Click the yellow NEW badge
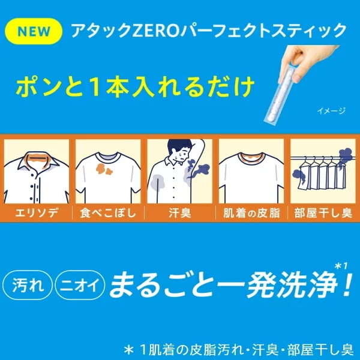coord(34,31)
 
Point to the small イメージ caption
coord(331,111)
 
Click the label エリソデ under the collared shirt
coord(37,213)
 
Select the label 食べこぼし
coord(108,213)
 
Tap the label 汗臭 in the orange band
coord(180,213)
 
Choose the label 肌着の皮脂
coord(251,213)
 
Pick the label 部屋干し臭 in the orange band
coord(323,213)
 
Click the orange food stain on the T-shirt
coord(104,170)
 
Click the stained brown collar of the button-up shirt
coord(37,159)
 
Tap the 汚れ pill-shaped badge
coord(28,286)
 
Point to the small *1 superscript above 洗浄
coord(341,266)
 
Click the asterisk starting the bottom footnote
coord(129,350)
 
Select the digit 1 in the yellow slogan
coord(95,87)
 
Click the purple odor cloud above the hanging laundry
coord(346,155)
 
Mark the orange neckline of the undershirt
coord(251,157)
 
